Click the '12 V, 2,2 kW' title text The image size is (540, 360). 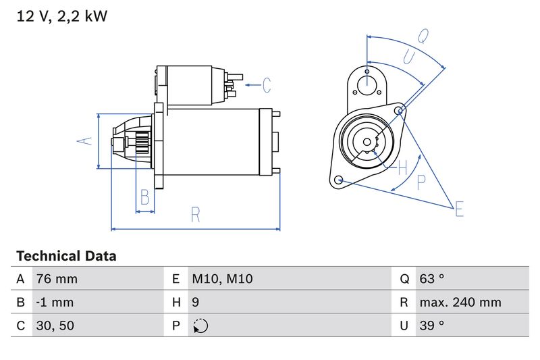coord(61,16)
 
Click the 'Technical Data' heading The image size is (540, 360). coord(65,256)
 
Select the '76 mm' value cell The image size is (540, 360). coord(56,279)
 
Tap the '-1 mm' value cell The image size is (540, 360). coord(55,302)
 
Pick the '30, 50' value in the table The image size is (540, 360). coord(56,326)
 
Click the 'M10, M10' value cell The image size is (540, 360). coord(222,279)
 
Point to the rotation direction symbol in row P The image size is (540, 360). coord(200,326)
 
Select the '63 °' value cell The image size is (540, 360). coord(431,279)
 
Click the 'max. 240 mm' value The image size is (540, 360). coord(460,302)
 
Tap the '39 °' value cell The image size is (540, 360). coord(431,326)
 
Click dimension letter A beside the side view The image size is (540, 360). coord(83,141)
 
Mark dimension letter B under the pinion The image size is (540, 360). coord(144,197)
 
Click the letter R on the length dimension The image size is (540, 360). coord(196,215)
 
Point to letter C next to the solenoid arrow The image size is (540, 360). coord(267,85)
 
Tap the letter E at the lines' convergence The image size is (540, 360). coord(459,209)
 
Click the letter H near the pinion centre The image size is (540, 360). coord(403,166)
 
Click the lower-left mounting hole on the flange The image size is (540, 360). coord(339,180)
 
